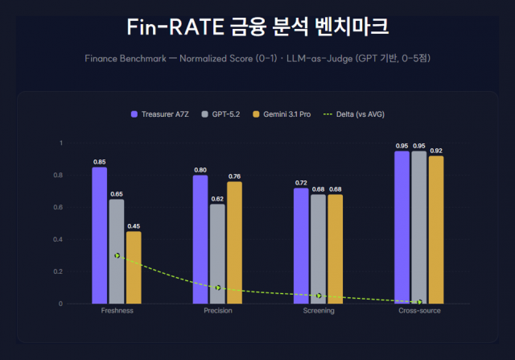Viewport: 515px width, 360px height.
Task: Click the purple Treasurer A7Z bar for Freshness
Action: (x=99, y=235)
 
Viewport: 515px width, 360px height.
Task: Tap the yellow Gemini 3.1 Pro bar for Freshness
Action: (x=134, y=267)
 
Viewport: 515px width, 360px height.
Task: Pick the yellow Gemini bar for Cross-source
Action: (x=436, y=230)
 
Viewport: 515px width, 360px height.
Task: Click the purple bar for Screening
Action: (x=301, y=246)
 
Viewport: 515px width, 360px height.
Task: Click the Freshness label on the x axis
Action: (x=117, y=310)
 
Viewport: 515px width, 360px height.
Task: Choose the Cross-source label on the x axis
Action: (x=419, y=310)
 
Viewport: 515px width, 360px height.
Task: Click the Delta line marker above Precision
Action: (x=218, y=288)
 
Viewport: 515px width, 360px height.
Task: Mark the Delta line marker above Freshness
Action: (x=117, y=255)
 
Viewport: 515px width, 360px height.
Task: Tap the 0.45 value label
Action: (x=134, y=226)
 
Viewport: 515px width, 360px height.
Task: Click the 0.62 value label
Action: (x=217, y=198)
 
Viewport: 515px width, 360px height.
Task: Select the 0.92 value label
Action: (x=436, y=151)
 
